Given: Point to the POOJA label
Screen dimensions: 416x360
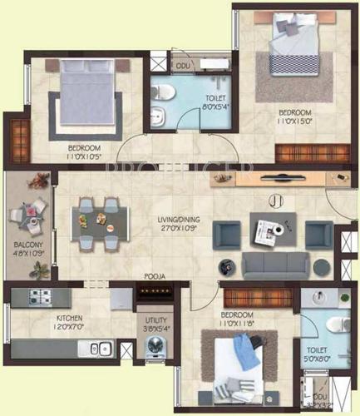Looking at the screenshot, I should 155,276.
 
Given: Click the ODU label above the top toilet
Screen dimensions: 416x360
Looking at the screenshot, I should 180,66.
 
